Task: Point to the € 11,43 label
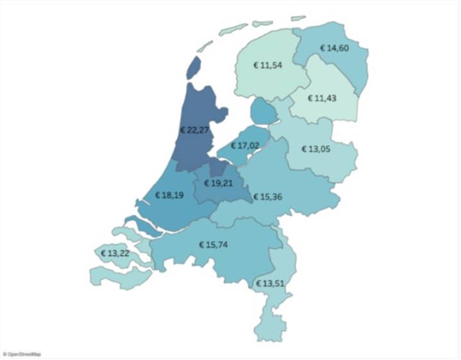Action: [323, 98]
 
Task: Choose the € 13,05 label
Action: [318, 149]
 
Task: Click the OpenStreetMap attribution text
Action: [23, 354]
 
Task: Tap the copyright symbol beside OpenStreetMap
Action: [4, 354]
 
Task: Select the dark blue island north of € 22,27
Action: [194, 66]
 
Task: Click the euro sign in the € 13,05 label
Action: [303, 149]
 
